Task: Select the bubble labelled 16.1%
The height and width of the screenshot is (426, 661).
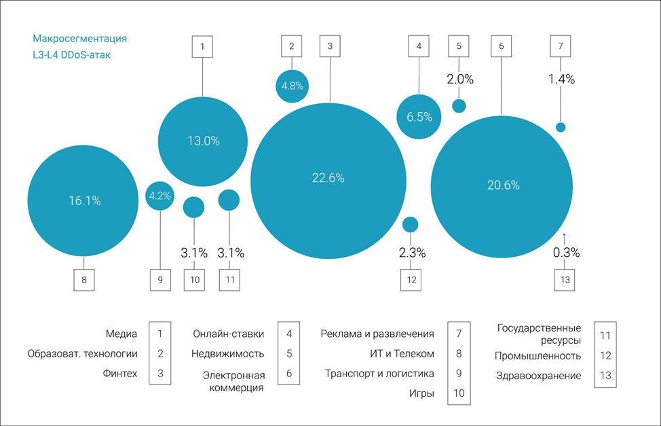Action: tap(84, 200)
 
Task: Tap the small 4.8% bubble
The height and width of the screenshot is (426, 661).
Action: tap(292, 86)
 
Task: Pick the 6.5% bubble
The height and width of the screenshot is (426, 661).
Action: tap(419, 117)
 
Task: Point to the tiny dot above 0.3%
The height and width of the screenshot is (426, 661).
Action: tap(565, 235)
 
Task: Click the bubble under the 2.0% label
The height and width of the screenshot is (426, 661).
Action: tap(459, 105)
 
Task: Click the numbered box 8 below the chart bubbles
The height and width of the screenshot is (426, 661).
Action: tap(84, 279)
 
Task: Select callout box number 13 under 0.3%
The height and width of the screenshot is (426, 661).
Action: tap(565, 279)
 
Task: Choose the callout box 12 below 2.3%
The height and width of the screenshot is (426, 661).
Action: tap(411, 279)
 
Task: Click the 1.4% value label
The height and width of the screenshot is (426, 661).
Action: tap(561, 79)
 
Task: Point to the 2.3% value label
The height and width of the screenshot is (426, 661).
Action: tap(411, 253)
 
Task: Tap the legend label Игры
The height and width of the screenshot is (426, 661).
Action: tap(421, 393)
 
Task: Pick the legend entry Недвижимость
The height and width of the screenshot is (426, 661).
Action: tap(227, 353)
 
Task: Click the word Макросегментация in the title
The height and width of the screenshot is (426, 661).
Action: tap(79, 39)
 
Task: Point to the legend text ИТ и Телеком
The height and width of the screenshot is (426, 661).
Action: tap(398, 353)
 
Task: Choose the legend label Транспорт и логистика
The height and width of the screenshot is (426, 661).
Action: tap(379, 374)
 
